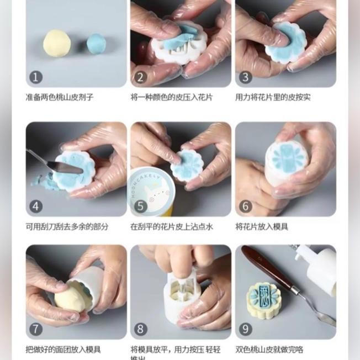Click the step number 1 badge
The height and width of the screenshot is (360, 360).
(x=36, y=77)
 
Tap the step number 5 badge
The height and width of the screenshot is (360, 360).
(x=141, y=207)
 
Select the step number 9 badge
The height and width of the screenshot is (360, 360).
(x=246, y=329)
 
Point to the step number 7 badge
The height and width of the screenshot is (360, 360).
(x=36, y=329)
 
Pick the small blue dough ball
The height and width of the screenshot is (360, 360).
(x=96, y=44)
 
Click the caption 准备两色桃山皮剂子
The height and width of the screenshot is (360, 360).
(x=60, y=97)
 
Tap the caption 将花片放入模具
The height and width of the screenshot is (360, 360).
(x=262, y=226)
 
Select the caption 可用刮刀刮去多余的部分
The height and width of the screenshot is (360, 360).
(x=67, y=226)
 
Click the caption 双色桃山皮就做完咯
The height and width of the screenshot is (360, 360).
(x=269, y=349)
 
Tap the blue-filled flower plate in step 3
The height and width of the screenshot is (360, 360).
(x=285, y=43)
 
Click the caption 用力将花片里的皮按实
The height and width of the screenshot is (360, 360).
(x=273, y=97)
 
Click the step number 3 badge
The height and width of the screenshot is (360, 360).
(x=246, y=77)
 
